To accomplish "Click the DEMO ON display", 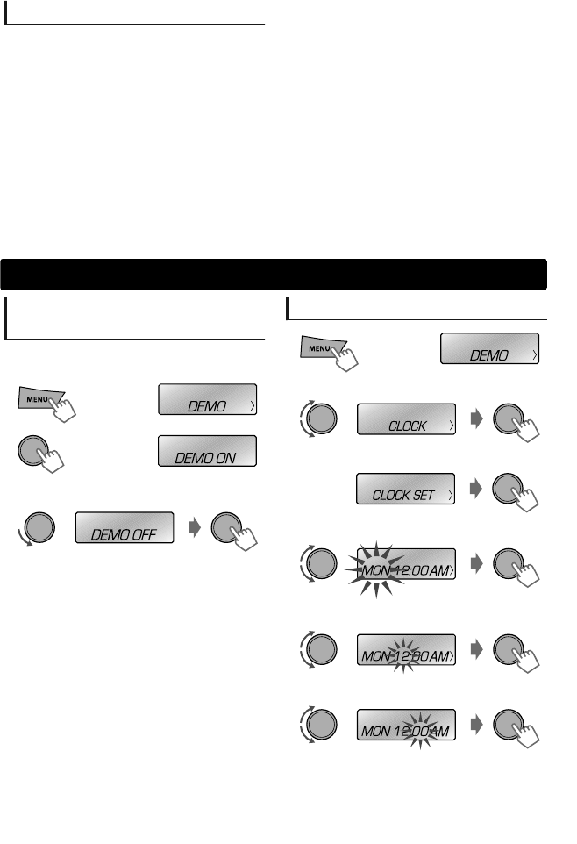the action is (207, 450).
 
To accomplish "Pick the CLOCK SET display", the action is (406, 490).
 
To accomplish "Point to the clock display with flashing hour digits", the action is (406, 649).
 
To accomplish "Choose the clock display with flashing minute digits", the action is (406, 725).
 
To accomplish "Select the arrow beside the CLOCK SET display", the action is (476, 490).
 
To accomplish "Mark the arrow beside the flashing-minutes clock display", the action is (476, 725).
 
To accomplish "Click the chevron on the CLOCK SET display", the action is (449, 496).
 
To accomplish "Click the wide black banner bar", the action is (274, 274).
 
